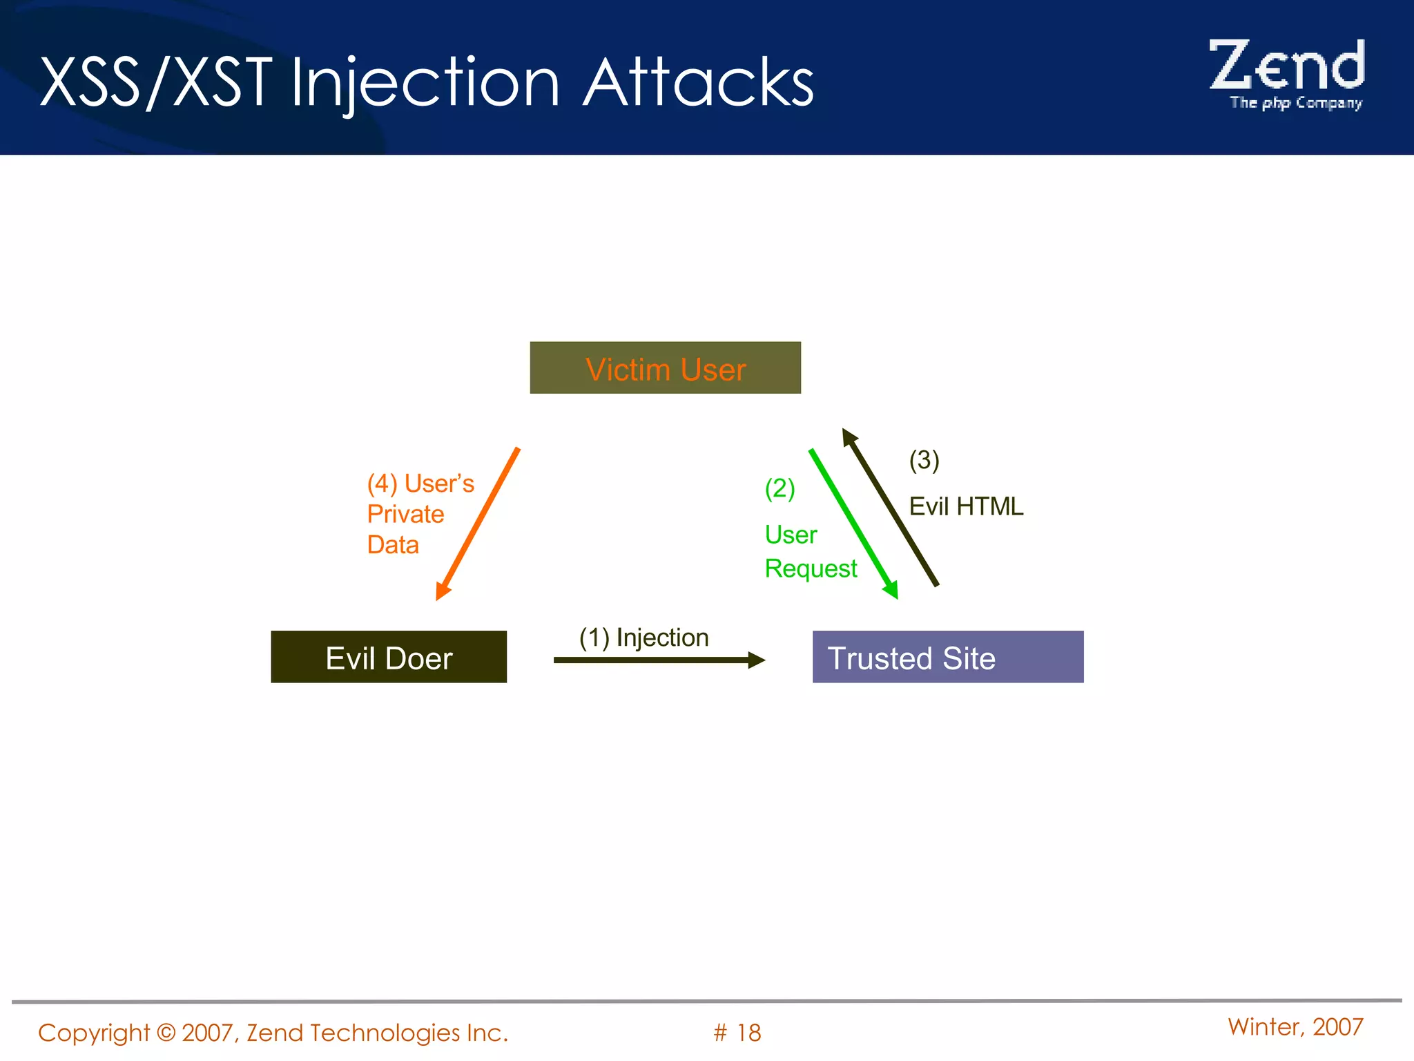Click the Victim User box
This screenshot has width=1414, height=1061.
pos(665,367)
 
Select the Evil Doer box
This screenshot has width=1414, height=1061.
pos(389,657)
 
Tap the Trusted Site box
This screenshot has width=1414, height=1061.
pos(947,657)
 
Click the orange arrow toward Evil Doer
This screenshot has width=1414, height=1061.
pos(478,524)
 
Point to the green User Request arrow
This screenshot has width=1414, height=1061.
pos(853,523)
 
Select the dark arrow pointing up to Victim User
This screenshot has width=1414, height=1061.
pos(891,508)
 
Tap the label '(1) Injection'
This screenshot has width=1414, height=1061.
pos(643,637)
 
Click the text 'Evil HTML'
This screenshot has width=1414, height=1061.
pos(965,506)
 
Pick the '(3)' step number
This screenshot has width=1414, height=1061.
pos(924,460)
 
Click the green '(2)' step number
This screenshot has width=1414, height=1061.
pos(779,488)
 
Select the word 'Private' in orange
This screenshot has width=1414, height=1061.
pos(405,514)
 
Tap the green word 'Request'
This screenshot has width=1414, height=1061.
pos(811,568)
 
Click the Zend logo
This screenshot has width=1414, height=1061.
pos(1287,66)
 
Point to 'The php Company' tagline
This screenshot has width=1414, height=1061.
pos(1295,103)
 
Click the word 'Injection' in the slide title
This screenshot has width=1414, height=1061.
pos(425,83)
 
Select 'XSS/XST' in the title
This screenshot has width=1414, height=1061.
pos(156,83)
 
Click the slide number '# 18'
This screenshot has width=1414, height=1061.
pos(737,1033)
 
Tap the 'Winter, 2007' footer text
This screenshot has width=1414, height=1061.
pos(1295,1027)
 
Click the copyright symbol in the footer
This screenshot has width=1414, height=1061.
pos(166,1033)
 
